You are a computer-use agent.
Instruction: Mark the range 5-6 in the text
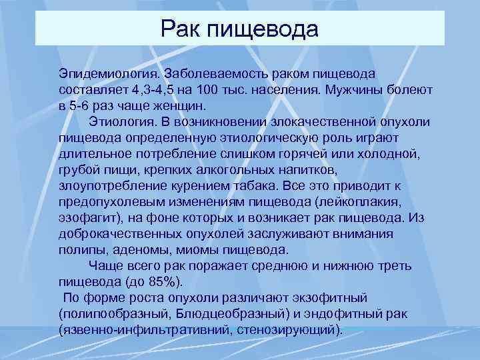point(83,105)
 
